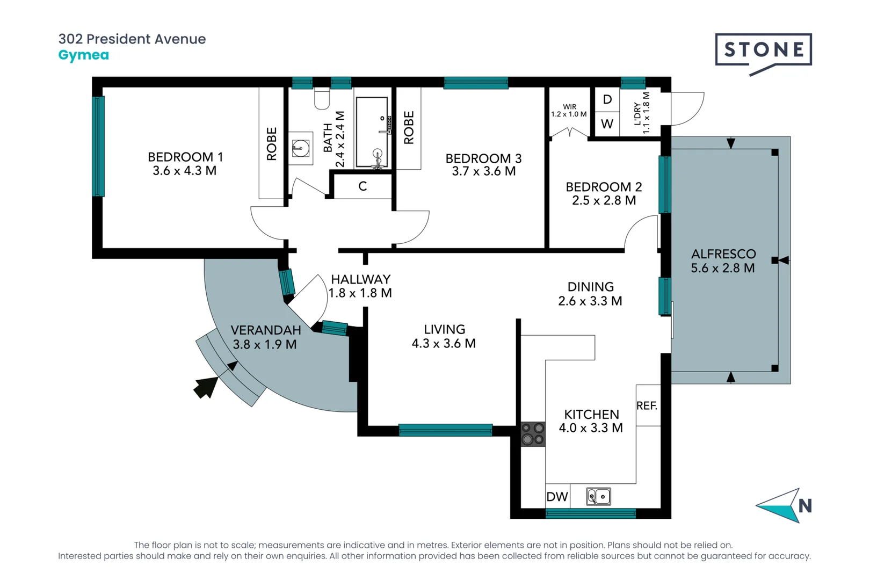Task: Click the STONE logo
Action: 763,50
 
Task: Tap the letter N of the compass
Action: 804,506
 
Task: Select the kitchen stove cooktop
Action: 533,434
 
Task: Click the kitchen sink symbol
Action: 598,497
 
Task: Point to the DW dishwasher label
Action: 557,497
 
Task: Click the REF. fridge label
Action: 647,406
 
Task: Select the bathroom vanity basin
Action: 301,147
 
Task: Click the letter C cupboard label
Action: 363,186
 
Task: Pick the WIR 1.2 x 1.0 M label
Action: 569,111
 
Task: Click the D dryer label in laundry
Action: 607,99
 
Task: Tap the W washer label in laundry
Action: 607,124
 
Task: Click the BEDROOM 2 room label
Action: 604,193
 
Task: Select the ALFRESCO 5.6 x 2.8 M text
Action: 723,261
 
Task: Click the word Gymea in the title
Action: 83,55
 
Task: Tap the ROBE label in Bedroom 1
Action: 272,144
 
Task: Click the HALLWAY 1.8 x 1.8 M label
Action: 360,286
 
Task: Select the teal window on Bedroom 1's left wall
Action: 98,146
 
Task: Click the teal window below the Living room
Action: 445,430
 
